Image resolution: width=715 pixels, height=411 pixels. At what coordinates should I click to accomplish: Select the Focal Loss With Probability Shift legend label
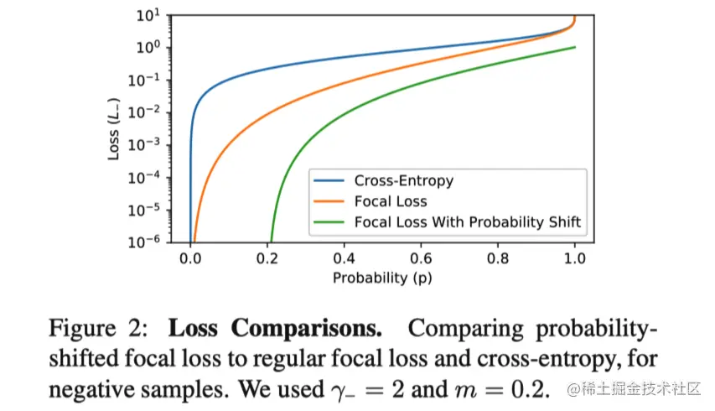coord(468,221)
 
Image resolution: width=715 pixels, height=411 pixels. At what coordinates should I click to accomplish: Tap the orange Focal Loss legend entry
coord(391,200)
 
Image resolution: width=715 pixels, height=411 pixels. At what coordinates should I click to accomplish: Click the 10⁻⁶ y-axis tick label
coord(148,242)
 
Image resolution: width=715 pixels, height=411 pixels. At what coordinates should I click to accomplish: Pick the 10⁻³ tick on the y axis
coord(148,145)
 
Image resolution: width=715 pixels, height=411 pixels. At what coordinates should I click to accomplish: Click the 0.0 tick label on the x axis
coord(190,260)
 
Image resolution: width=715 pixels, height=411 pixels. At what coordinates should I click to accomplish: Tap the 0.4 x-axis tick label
coord(344,260)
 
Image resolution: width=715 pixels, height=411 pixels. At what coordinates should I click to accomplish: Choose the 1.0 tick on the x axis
coord(575,260)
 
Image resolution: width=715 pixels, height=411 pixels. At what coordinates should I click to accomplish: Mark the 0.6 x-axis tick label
coord(421,260)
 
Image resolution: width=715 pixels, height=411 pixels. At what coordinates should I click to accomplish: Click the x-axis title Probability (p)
coord(382,278)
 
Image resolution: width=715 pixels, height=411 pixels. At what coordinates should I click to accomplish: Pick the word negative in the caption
coord(92,390)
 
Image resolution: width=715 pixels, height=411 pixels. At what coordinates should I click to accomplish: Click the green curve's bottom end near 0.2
coord(270,240)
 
